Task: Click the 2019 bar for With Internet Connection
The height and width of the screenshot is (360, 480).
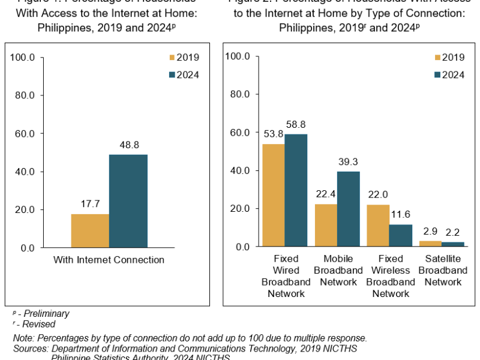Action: (x=90, y=231)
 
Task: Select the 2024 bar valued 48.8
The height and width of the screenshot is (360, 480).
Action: (x=128, y=201)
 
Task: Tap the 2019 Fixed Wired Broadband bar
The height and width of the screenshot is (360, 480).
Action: (x=273, y=195)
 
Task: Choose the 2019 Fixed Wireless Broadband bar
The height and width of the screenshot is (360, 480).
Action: (x=377, y=226)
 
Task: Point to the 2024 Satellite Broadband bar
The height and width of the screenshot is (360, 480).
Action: (x=453, y=244)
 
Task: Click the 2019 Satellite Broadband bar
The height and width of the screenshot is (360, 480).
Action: (x=430, y=244)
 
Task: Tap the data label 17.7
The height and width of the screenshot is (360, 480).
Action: (x=89, y=204)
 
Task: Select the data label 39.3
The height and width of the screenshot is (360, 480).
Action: (x=348, y=161)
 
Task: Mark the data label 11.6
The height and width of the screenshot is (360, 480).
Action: (x=401, y=214)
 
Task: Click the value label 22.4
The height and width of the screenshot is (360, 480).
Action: (x=325, y=194)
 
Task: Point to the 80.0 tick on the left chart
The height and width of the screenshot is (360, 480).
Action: (x=25, y=95)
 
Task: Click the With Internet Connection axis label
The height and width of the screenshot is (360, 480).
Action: (x=109, y=260)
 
